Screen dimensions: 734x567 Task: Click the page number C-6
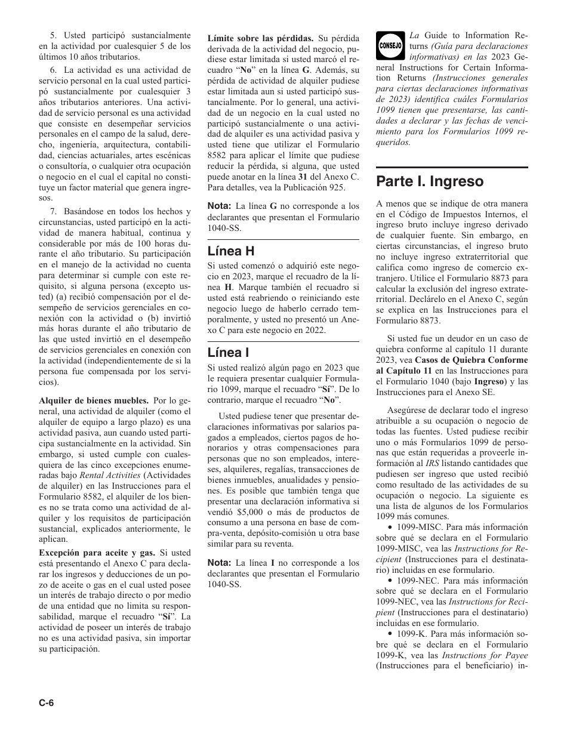47,703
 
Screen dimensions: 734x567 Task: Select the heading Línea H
232,251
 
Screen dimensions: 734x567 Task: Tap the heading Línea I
229,353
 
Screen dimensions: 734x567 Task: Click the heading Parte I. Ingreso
430,181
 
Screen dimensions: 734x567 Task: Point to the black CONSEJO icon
390,46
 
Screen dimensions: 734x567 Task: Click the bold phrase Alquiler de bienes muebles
94,400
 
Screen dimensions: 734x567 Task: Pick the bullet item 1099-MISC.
420,527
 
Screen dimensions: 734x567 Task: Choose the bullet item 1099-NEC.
419,580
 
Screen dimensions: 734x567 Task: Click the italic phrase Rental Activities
101,475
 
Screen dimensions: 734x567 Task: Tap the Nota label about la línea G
219,205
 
